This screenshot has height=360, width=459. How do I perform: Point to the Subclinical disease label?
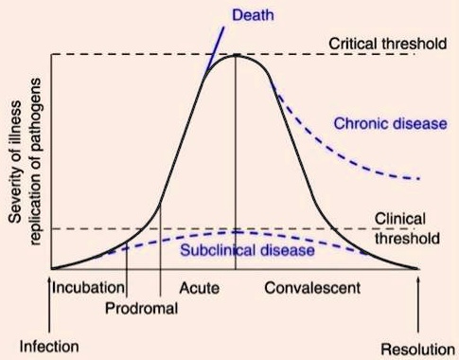pos(246,250)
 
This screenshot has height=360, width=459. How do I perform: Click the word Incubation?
pos(88,286)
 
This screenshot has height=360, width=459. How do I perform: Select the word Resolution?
pos(416,347)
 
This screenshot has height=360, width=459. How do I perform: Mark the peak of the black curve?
pos(235,55)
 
